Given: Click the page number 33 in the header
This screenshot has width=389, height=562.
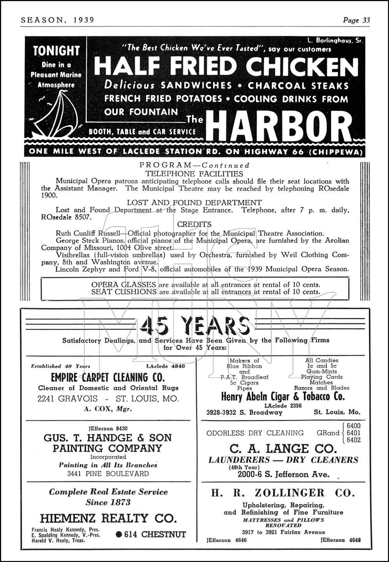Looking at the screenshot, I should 366,20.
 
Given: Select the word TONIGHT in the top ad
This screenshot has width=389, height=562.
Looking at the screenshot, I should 56,51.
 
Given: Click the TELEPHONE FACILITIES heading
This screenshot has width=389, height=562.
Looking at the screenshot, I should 194,174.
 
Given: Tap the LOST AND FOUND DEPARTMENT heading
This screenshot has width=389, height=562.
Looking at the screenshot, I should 194,203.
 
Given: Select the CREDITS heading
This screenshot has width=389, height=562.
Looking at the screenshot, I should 194,224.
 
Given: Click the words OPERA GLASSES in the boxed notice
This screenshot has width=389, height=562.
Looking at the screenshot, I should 123,284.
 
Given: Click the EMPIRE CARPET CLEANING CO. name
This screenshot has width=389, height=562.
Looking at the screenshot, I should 108,377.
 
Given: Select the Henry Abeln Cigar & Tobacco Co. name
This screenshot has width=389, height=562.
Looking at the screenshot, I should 283,396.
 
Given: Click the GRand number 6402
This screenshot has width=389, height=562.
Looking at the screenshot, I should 353,440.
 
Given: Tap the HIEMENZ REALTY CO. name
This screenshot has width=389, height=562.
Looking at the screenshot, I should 108,518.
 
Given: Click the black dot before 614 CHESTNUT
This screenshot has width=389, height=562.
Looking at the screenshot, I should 119,534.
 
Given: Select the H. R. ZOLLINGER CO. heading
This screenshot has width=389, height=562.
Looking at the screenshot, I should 283,493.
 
